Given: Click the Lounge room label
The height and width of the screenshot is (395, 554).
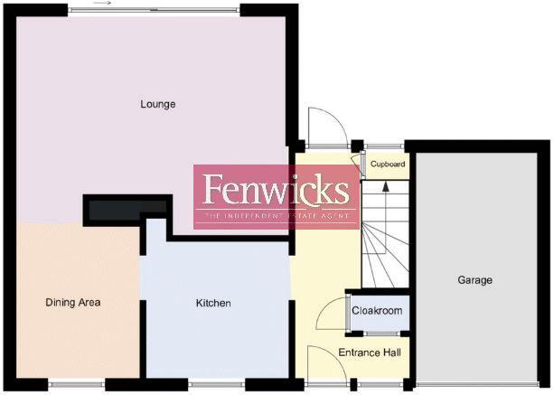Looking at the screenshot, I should (x=157, y=104).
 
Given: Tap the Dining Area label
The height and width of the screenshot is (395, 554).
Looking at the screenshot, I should (x=72, y=303).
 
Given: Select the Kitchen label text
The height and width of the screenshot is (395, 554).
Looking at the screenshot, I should (x=213, y=304).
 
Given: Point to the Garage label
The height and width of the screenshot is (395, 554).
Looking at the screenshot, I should (x=474, y=280).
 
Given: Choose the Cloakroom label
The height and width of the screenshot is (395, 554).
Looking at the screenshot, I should (x=377, y=311).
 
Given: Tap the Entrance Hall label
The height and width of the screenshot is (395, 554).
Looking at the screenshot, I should (x=369, y=353).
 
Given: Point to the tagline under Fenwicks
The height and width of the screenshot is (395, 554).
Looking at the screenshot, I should (x=275, y=217).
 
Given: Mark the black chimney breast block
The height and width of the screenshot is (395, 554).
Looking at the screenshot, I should (x=126, y=210).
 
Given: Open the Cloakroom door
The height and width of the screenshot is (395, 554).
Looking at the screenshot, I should (x=333, y=314).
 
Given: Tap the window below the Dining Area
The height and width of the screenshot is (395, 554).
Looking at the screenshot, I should (x=77, y=386).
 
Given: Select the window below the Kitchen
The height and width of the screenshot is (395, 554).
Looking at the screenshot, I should (x=216, y=386).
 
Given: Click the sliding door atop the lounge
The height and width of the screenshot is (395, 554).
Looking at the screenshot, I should (x=154, y=10).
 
